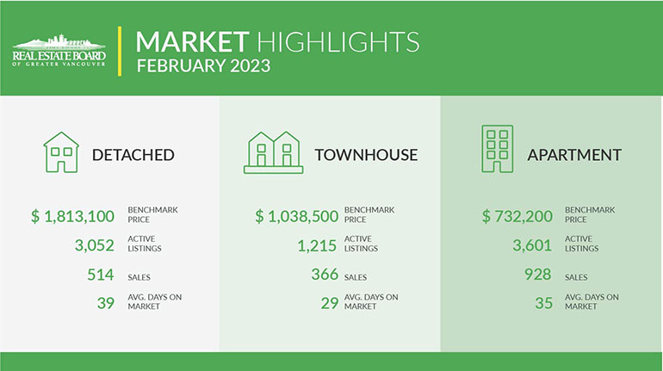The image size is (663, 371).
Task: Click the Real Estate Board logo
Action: tap(59, 50)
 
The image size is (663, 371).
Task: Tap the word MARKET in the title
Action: tap(192, 42)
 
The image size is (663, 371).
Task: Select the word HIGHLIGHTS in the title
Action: tap(338, 42)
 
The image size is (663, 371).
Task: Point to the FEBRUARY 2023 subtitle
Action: tap(203, 66)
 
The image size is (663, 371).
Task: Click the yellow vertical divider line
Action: tap(120, 51)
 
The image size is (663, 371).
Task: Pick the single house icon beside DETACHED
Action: tap(61, 152)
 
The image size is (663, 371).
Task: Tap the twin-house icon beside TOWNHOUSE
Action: tap(274, 152)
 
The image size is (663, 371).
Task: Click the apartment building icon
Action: tap(498, 149)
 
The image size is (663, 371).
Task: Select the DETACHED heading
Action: tap(133, 155)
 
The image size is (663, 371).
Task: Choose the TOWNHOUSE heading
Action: tap(366, 155)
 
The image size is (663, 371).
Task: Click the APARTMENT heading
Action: tap(574, 155)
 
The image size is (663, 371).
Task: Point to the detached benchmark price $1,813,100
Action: tap(72, 216)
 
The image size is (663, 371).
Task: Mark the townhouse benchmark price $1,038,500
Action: tap(296, 216)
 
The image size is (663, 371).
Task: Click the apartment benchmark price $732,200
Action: tap(517, 216)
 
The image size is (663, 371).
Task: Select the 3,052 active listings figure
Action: tap(95, 245)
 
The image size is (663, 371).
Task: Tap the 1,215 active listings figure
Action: tap(317, 245)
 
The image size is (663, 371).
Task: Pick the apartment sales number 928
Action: tap(538, 275)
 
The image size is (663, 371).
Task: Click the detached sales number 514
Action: tap(101, 275)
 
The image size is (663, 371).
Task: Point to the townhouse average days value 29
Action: tap(330, 303)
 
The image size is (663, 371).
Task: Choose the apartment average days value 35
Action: tap(544, 303)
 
